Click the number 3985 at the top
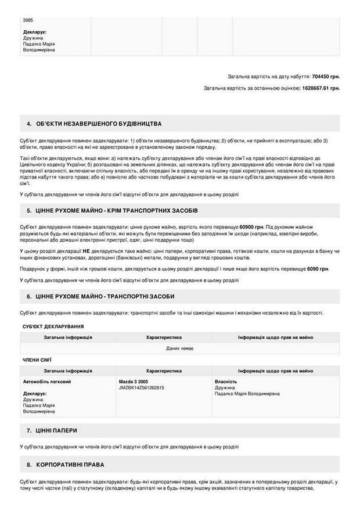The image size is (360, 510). pyautogui.click(x=28, y=20)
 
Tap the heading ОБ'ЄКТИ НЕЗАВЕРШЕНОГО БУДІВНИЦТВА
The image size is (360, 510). pyautogui.click(x=99, y=124)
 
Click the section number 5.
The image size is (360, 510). pyautogui.click(x=29, y=210)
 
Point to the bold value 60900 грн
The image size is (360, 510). pyautogui.click(x=251, y=227)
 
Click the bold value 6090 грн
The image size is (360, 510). pyautogui.click(x=318, y=269)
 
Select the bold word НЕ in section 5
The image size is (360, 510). pyautogui.click(x=86, y=250)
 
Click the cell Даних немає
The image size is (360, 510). pyautogui.click(x=180, y=348)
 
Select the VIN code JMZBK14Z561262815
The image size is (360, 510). pyautogui.click(x=141, y=387)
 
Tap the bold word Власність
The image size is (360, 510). pyautogui.click(x=226, y=382)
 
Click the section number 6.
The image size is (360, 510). pyautogui.click(x=29, y=296)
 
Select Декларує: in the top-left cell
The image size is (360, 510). pyautogui.click(x=35, y=32)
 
